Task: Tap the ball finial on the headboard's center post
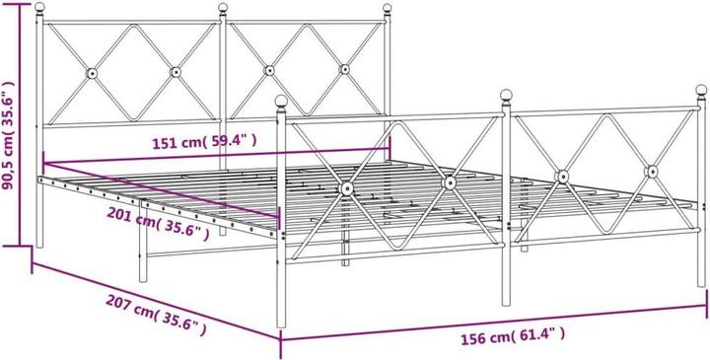click(x=222, y=11)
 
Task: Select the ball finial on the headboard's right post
click(x=388, y=11)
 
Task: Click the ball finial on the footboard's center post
click(x=508, y=97)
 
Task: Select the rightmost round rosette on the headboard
click(x=344, y=69)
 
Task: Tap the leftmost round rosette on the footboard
click(x=347, y=187)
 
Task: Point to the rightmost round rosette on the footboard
click(x=651, y=172)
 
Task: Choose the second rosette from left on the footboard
click(x=450, y=182)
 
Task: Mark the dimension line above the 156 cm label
click(x=493, y=323)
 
